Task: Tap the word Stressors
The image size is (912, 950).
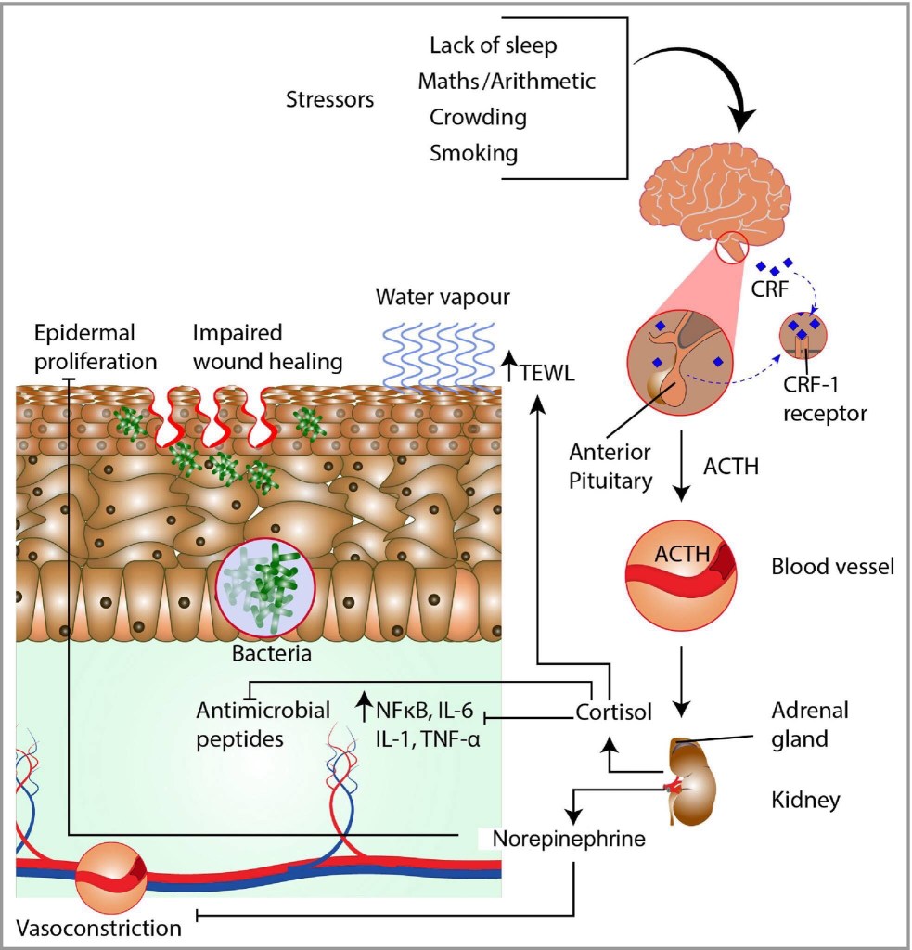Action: pyautogui.click(x=330, y=99)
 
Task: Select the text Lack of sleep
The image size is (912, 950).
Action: pyautogui.click(x=493, y=45)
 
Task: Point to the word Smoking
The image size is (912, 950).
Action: pyautogui.click(x=473, y=152)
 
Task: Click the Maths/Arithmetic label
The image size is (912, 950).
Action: pyautogui.click(x=507, y=82)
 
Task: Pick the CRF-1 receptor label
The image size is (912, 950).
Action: pyautogui.click(x=824, y=401)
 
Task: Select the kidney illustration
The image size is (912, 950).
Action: pyautogui.click(x=687, y=779)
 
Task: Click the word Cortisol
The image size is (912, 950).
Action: pyautogui.click(x=613, y=712)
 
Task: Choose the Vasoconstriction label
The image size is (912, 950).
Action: pyautogui.click(x=98, y=928)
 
